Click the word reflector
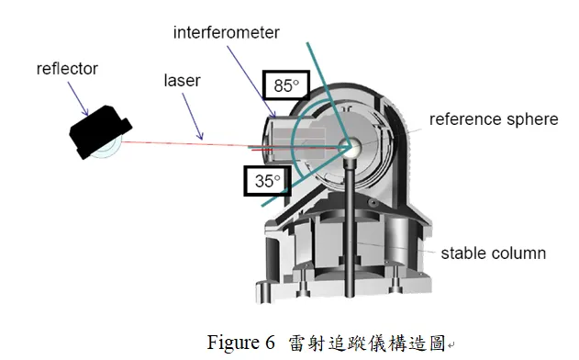66,69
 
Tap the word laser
182,82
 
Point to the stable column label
494,253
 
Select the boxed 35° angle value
267,181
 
